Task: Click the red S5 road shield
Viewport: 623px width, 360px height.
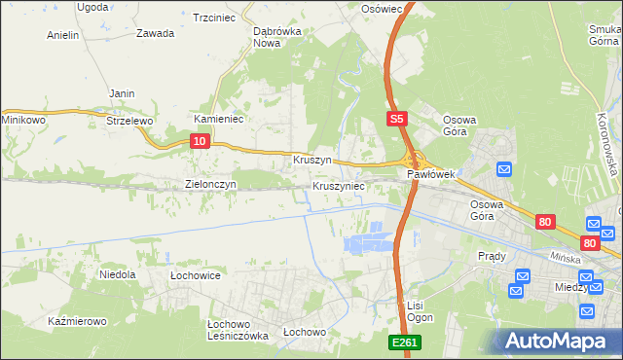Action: click(x=394, y=119)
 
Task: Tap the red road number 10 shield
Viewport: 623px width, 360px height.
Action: click(x=199, y=141)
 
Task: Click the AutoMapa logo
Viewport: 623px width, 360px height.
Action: click(x=556, y=341)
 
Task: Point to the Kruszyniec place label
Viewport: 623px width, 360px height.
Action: click(x=339, y=185)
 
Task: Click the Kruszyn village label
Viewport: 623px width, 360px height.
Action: click(x=312, y=159)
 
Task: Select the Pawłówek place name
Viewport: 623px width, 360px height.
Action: click(x=431, y=174)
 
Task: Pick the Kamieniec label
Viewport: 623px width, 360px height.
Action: click(x=218, y=119)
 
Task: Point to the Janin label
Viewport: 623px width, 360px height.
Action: click(x=122, y=93)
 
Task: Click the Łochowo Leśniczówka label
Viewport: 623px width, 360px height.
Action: click(x=238, y=330)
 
